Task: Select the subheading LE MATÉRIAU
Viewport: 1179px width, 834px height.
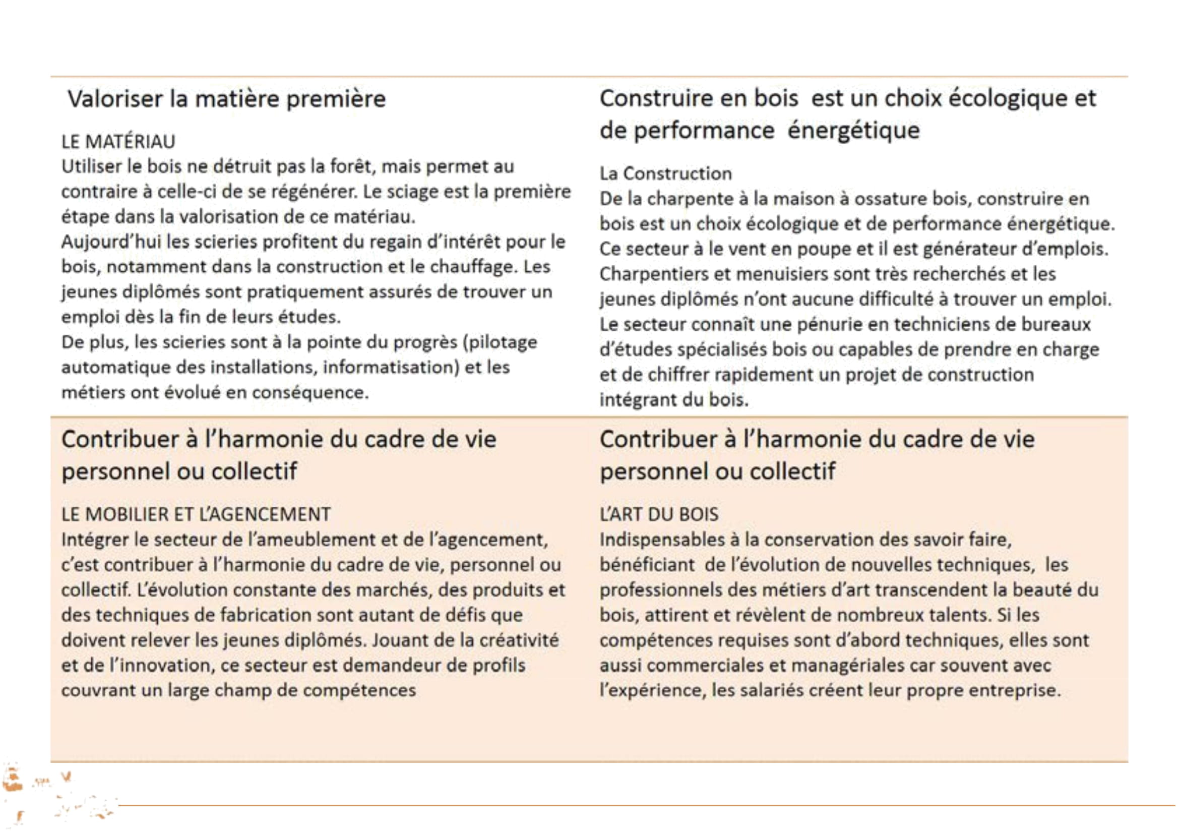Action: pyautogui.click(x=118, y=142)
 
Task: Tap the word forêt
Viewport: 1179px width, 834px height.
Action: pyautogui.click(x=350, y=167)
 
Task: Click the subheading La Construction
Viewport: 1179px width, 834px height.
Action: pyautogui.click(x=665, y=174)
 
